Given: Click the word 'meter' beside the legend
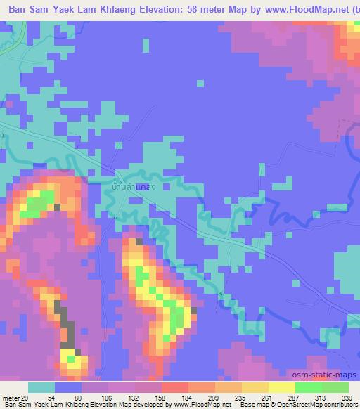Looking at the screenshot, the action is pos(9,397).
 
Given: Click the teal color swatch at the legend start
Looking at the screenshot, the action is pos(41,387).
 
